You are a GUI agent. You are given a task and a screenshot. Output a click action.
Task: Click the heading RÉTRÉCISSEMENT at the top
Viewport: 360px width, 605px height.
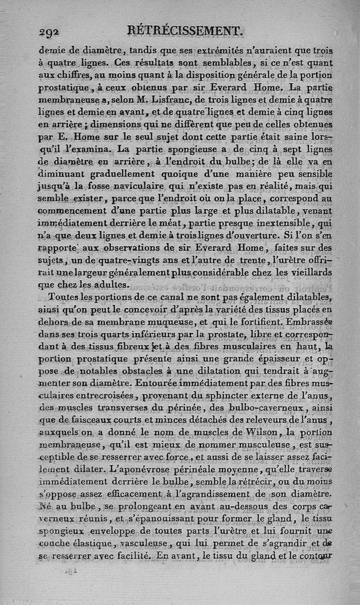(185, 31)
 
